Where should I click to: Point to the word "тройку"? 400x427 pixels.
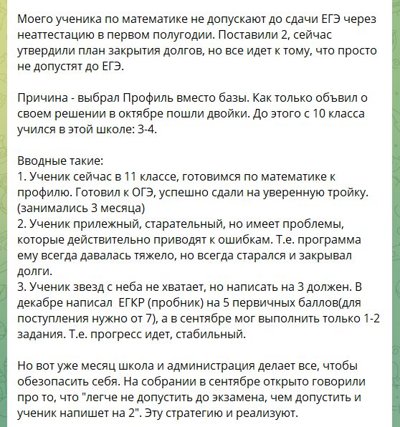328,193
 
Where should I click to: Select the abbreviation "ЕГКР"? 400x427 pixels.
143,306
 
